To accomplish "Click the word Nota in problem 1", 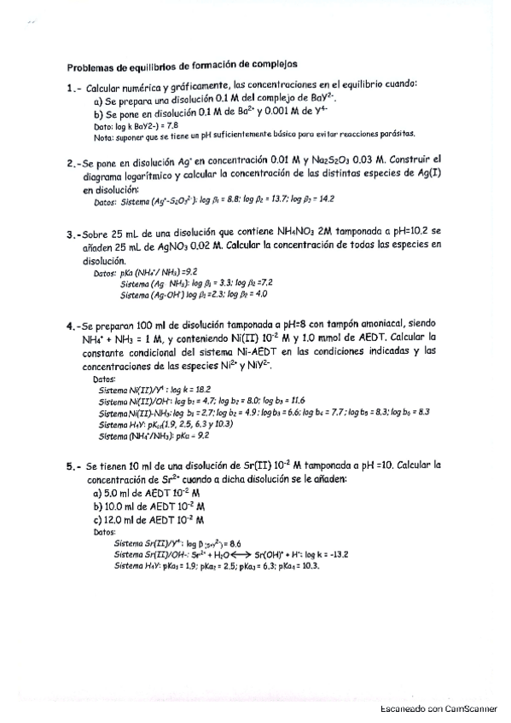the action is [x=102, y=136].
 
